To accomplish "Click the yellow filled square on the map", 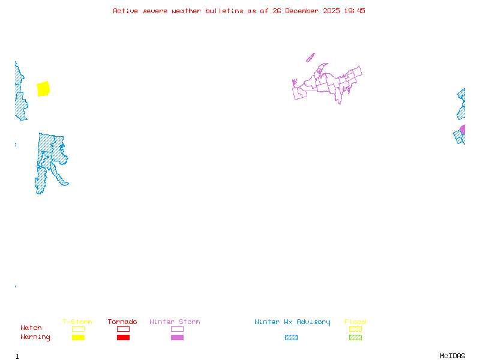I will tap(43, 89).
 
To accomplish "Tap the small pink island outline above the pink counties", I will tap(310, 58).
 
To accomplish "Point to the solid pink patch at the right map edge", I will tap(463, 130).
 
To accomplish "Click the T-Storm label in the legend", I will tap(77, 322).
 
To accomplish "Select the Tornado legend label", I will tap(122, 322).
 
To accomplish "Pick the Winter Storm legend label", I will tap(175, 322).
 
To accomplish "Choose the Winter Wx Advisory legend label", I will tap(292, 322).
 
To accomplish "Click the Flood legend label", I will tap(355, 322).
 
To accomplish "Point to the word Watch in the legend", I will tap(31, 328).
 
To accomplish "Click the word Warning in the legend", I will tap(35, 337).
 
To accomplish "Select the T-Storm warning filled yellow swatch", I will tap(78, 337).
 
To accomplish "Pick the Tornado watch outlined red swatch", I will tap(123, 329).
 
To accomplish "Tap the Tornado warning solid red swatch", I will tap(123, 337).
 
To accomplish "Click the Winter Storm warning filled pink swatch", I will tap(177, 337).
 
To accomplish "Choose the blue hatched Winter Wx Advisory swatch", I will tap(291, 337).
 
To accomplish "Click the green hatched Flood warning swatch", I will tap(355, 337).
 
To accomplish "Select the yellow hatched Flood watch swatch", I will tap(355, 329).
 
